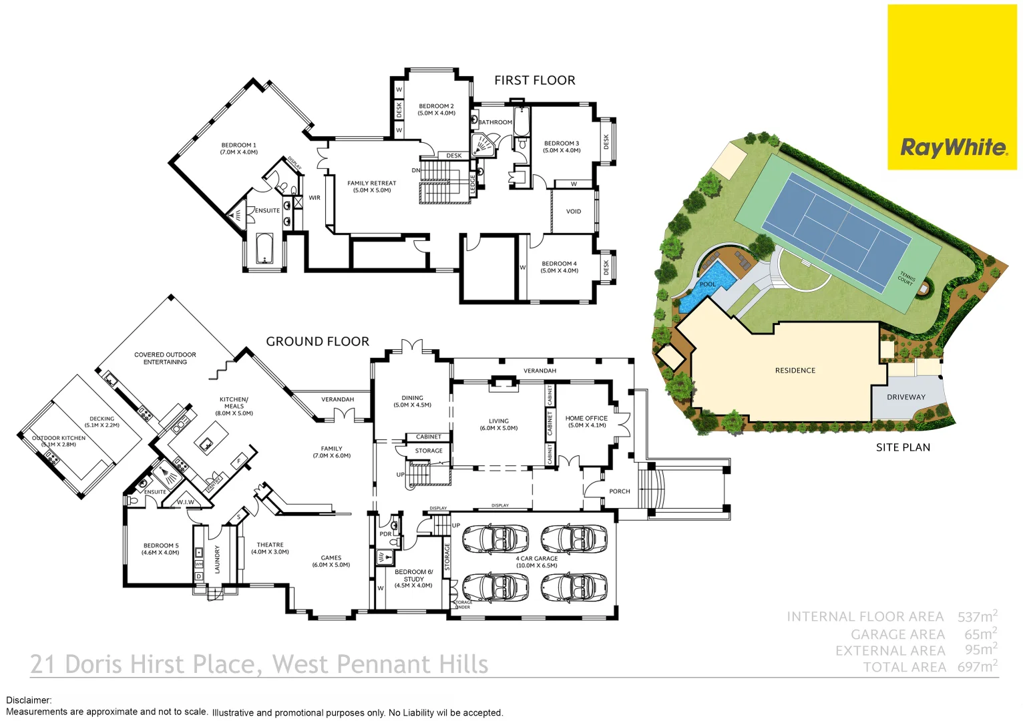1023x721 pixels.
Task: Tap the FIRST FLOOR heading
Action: (x=534, y=80)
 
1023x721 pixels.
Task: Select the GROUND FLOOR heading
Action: (x=317, y=341)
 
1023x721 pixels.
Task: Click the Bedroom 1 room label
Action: (x=239, y=148)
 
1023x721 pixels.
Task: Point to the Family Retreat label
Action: (x=371, y=186)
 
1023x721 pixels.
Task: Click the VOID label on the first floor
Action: (x=574, y=211)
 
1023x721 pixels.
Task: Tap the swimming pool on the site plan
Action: (x=706, y=286)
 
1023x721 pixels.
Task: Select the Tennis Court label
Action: (x=906, y=278)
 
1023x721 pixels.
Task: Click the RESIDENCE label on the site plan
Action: (x=795, y=371)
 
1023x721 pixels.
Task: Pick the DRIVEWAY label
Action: (x=905, y=397)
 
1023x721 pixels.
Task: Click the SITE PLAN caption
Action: (x=903, y=447)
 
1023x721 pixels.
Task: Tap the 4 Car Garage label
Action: (x=536, y=561)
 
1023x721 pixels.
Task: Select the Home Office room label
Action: (x=586, y=421)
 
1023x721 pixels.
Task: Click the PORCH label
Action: (x=619, y=491)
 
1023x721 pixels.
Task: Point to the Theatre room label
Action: (x=270, y=548)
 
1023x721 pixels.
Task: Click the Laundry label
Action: (x=217, y=559)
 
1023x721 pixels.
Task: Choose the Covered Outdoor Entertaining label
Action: (x=165, y=358)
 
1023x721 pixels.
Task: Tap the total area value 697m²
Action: (x=977, y=666)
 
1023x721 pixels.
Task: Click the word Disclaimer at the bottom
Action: (x=29, y=700)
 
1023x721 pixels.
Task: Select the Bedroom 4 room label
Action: (x=559, y=267)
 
